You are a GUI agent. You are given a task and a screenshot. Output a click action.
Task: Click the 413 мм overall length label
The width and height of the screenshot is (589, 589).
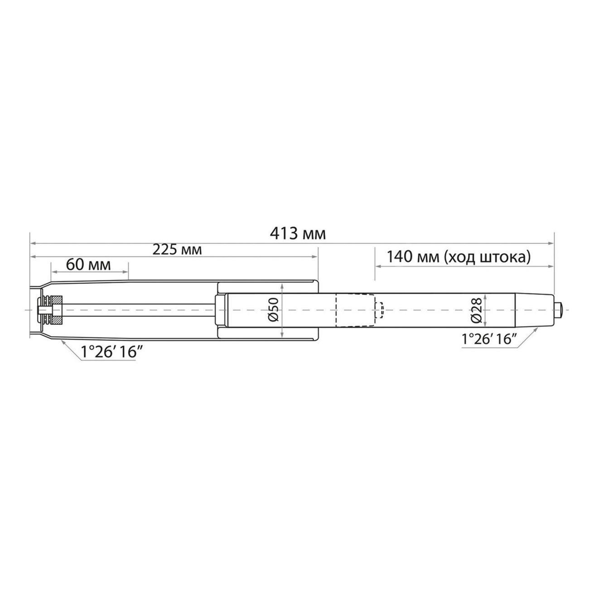point(298,234)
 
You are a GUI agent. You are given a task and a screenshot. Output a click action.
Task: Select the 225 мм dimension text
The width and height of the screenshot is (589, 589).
point(177,250)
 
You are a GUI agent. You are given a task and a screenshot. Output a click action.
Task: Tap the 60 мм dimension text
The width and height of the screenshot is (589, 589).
point(88,265)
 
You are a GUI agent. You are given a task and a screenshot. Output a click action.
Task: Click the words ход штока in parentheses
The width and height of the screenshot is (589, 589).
point(487,257)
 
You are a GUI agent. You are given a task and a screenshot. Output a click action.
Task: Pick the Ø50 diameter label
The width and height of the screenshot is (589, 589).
point(272,310)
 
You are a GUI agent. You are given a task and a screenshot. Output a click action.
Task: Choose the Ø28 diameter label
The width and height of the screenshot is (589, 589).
point(475,311)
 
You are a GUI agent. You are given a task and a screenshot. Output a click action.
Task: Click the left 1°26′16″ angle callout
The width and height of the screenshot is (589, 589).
point(109,352)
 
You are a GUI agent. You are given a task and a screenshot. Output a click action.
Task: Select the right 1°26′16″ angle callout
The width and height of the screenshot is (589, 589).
point(489,339)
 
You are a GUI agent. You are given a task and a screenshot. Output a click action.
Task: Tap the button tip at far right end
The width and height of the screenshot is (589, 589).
point(560,310)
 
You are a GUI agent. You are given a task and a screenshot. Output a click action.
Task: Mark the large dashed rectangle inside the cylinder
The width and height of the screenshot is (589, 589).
point(355,310)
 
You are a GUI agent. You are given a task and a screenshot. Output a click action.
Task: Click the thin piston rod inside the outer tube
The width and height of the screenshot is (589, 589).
point(136,310)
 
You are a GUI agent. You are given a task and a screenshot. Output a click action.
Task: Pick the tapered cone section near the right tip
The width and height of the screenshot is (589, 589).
point(535,310)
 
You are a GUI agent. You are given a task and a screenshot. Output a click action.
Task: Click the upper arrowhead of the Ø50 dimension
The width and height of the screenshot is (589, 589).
point(282,287)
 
